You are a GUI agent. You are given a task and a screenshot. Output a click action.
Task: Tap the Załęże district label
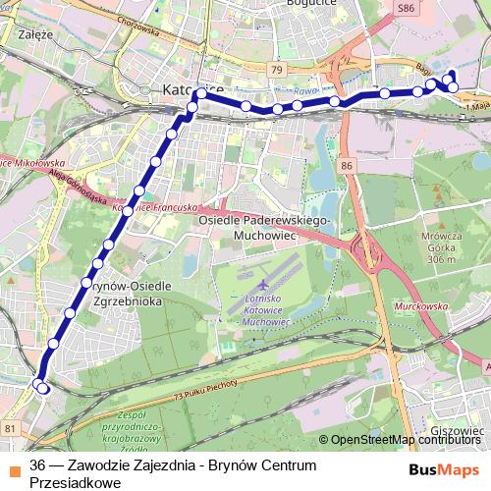pos(34,31)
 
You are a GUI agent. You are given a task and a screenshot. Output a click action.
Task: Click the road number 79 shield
pos(277,71)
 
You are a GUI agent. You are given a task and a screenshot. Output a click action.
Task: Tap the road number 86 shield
pos(347,167)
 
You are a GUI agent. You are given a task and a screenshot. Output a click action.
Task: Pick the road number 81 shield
pos(9,428)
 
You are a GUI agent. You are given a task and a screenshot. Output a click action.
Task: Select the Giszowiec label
pos(457,431)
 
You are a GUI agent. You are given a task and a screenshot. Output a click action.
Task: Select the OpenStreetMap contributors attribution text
pos(406,440)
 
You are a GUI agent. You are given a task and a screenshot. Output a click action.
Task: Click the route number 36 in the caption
pos(38,464)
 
